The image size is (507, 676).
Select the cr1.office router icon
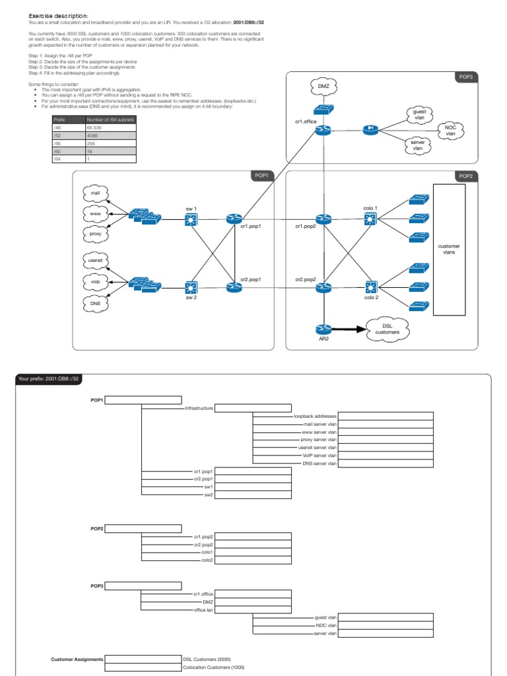(x=323, y=130)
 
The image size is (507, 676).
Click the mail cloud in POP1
(x=94, y=193)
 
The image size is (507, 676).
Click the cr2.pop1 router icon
(x=234, y=288)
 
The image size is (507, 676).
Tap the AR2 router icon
(x=323, y=329)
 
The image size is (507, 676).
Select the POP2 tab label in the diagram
(x=465, y=176)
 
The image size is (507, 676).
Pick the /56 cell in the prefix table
(x=69, y=142)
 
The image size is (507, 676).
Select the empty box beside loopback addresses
(x=386, y=417)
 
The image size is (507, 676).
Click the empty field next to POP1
(x=143, y=400)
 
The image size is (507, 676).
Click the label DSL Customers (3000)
(x=207, y=659)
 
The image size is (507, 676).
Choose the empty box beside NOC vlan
(x=386, y=625)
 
